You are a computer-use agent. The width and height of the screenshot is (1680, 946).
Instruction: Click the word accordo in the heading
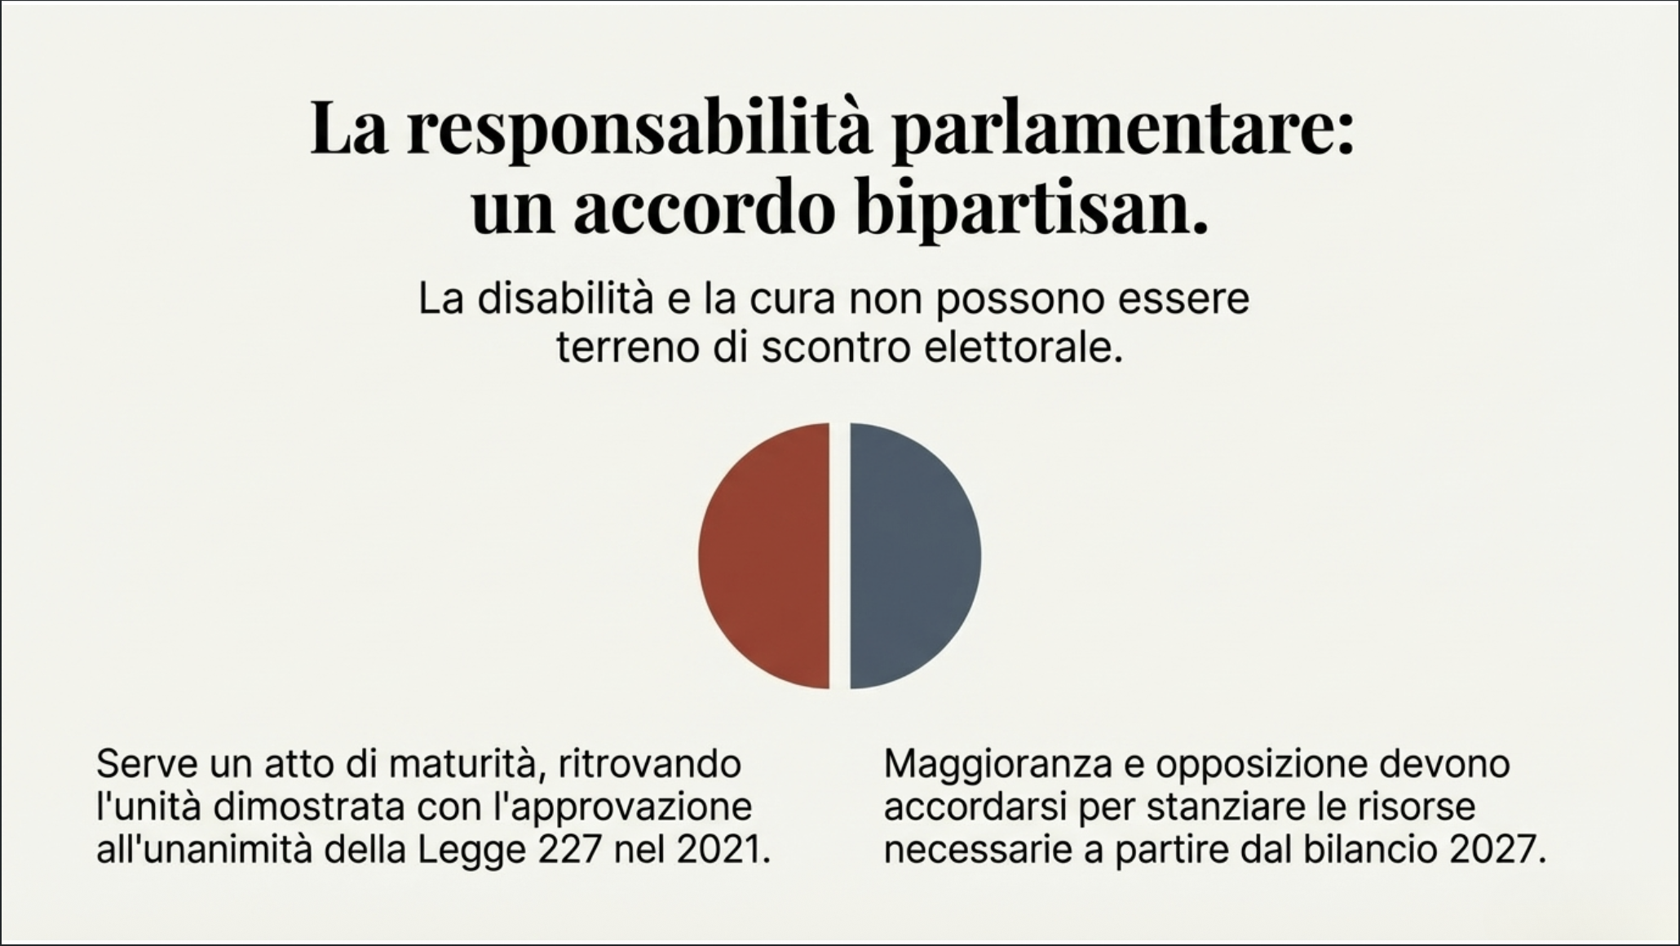tap(705, 210)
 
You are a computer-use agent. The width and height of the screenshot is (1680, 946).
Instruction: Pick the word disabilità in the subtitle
tap(564, 299)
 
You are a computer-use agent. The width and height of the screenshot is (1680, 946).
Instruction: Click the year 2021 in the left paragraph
tap(723, 851)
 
